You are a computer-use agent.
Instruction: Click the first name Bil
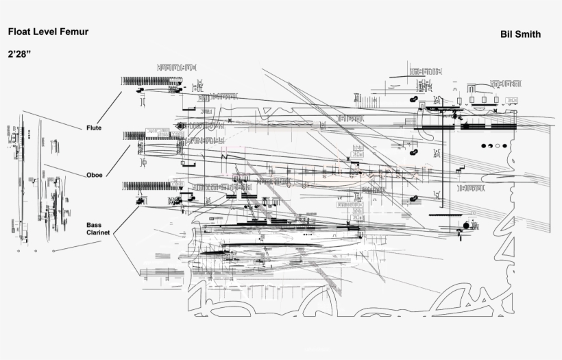coord(508,34)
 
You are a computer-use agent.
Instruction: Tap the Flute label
coord(95,128)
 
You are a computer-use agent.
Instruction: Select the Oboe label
coord(95,175)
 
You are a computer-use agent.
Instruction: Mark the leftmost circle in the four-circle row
coord(484,145)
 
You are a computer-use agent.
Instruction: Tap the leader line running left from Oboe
coord(65,170)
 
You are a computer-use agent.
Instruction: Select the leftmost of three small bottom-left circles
coord(18,252)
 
